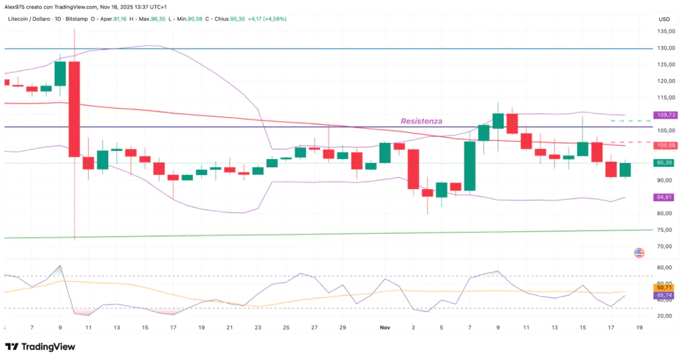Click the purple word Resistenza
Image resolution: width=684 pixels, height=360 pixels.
click(421, 121)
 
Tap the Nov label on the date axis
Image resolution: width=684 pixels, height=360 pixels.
click(385, 328)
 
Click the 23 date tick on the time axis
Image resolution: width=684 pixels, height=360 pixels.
click(258, 328)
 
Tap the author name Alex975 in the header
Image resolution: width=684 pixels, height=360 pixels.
click(15, 5)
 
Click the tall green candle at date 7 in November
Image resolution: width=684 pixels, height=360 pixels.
click(470, 166)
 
